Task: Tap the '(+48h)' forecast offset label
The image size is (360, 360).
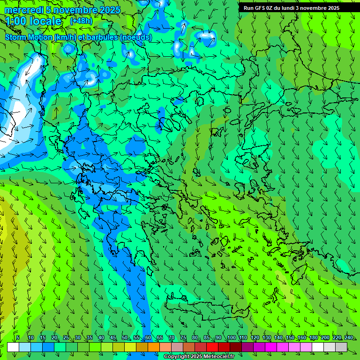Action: click(x=81, y=21)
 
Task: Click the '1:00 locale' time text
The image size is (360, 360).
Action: click(x=34, y=22)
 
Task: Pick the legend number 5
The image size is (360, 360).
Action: click(x=17, y=338)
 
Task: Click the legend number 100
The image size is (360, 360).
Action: click(x=232, y=338)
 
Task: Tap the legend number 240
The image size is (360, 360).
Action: click(x=349, y=338)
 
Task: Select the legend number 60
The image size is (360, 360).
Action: click(x=148, y=338)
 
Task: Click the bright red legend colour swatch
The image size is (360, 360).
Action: click(x=212, y=347)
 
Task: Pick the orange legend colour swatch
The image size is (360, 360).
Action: click(x=142, y=347)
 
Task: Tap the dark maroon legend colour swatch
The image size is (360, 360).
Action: click(x=236, y=347)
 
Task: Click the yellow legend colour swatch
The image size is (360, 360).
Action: click(x=119, y=347)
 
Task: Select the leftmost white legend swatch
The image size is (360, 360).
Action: click(x=13, y=347)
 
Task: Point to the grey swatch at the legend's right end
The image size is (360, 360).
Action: click(x=341, y=347)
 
